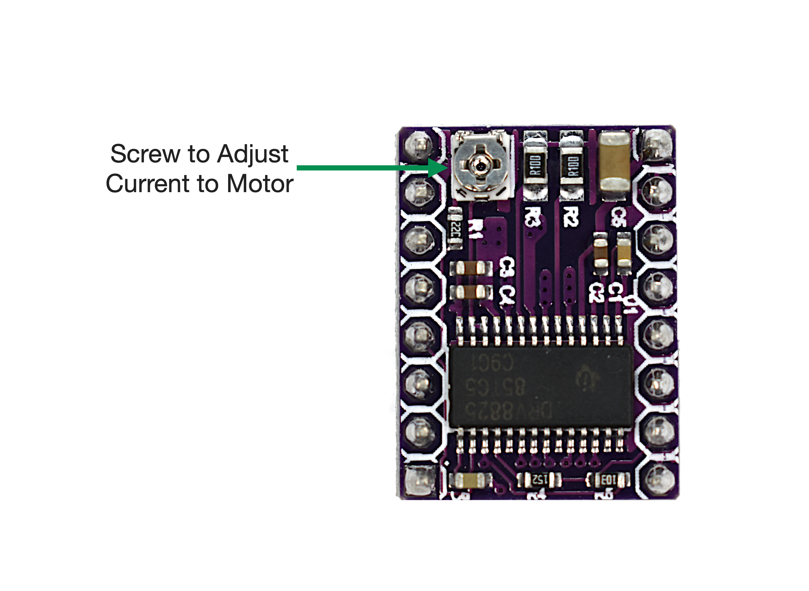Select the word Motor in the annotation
260,184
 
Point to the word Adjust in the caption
253,154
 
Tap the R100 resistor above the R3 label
535,165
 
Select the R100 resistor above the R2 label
571,165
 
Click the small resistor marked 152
539,480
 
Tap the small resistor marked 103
607,480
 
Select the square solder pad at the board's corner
420,480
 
